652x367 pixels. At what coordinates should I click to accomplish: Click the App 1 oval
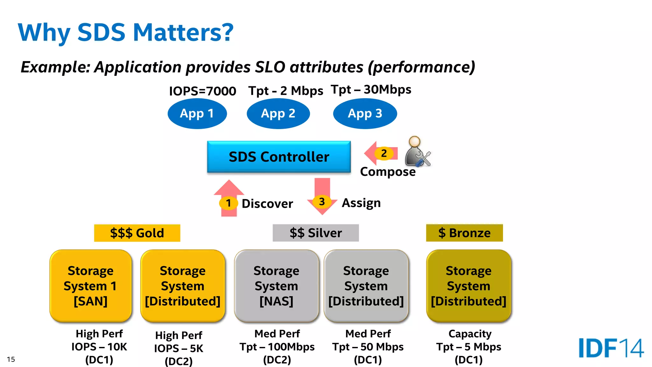click(x=197, y=114)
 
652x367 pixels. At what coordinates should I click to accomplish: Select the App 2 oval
click(x=278, y=114)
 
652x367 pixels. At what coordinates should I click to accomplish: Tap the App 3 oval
click(x=365, y=114)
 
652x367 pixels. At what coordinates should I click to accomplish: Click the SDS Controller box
click(x=279, y=157)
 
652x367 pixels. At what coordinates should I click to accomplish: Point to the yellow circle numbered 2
click(x=384, y=154)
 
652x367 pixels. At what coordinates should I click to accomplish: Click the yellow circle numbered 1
click(x=228, y=203)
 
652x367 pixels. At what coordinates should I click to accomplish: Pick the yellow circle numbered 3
click(x=322, y=202)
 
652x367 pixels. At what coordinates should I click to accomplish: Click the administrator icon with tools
click(x=417, y=152)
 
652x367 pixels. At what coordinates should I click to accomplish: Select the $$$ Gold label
click(x=137, y=233)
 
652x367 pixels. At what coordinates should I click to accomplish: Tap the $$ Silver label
click(x=315, y=233)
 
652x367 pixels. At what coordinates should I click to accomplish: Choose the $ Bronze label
click(x=464, y=233)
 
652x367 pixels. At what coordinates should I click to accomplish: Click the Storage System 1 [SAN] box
click(x=91, y=286)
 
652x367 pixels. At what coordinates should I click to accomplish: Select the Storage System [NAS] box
click(x=276, y=286)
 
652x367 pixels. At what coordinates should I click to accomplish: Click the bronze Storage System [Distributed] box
click(x=469, y=286)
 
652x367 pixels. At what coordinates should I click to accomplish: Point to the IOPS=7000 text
click(x=202, y=91)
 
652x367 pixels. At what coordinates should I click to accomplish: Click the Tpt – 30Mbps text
click(x=371, y=90)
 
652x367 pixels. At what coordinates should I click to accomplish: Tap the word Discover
click(x=267, y=204)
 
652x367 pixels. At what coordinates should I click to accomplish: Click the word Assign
click(x=361, y=203)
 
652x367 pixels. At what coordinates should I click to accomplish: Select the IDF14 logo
click(x=611, y=348)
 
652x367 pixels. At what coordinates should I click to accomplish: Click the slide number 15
click(x=11, y=359)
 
